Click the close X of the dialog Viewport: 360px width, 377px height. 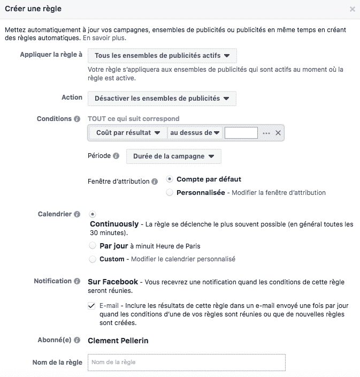point(351,9)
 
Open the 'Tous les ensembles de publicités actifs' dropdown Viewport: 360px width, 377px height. point(162,56)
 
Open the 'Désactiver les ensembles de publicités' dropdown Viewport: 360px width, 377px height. point(162,99)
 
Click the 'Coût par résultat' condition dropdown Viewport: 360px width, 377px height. point(128,133)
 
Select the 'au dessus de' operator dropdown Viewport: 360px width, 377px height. point(195,133)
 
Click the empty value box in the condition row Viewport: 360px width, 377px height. point(241,133)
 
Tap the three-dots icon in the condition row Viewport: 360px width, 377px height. point(266,133)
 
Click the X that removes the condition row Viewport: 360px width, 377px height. point(278,133)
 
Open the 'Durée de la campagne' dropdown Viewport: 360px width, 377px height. point(173,156)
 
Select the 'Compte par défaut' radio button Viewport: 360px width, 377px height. point(170,179)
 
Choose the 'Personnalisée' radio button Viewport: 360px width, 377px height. point(170,192)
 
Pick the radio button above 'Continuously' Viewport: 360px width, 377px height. point(93,214)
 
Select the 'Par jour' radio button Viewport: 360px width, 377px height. point(93,246)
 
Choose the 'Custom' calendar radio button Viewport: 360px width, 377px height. point(93,259)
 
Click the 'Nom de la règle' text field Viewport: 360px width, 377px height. point(186,363)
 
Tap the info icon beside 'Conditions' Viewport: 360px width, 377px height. point(77,119)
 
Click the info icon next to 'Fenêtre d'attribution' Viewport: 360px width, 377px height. point(155,182)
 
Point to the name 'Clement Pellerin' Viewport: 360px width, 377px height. point(117,341)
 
